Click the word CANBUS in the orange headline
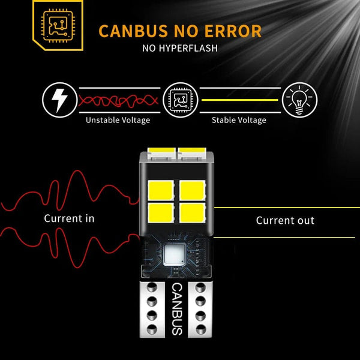133,31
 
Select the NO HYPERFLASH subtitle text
180,48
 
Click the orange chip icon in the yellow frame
58,25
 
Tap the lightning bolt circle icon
59,100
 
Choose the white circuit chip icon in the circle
181,100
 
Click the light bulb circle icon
299,100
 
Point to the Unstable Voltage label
118,120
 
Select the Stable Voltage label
239,120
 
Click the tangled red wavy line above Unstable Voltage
118,101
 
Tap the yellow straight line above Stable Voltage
240,100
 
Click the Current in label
69,218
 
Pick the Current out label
285,220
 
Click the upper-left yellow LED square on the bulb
161,190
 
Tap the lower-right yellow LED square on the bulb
193,213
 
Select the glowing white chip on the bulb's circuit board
176,255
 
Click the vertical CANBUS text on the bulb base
177,309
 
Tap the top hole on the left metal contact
152,287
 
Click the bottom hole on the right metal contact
200,329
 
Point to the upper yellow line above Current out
287,208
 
